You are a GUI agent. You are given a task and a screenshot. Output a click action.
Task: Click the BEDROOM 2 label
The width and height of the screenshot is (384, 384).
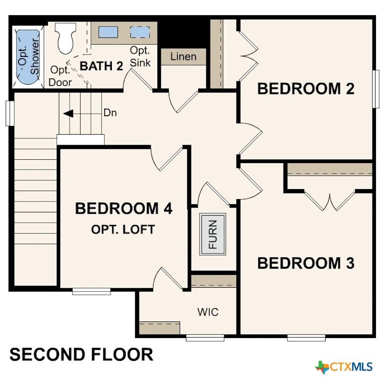click(x=306, y=89)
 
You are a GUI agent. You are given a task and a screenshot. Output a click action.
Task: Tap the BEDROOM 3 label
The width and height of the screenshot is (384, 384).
click(x=306, y=263)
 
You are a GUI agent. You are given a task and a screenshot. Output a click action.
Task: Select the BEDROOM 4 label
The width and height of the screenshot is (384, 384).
click(x=123, y=209)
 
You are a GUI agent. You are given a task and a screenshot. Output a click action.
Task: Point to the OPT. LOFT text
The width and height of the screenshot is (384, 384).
click(x=123, y=229)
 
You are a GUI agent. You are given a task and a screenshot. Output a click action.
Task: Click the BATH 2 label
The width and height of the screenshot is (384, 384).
click(x=101, y=66)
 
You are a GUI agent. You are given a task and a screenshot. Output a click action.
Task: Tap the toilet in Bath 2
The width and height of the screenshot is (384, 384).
click(x=65, y=38)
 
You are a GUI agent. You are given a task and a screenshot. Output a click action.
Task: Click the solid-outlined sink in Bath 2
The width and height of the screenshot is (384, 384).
click(x=108, y=32)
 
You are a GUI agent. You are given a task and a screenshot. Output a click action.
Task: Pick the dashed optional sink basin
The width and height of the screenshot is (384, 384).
click(x=140, y=32)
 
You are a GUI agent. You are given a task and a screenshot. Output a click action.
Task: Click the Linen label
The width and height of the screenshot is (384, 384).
click(x=183, y=56)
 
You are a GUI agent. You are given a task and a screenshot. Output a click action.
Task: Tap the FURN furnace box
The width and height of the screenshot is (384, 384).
click(x=212, y=234)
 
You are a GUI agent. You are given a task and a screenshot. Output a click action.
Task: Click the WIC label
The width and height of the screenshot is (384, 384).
click(x=208, y=312)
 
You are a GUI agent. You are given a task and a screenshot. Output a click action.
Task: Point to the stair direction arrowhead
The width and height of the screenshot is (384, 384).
click(x=68, y=114)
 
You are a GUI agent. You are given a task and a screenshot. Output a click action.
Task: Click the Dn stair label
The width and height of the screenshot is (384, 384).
click(x=110, y=113)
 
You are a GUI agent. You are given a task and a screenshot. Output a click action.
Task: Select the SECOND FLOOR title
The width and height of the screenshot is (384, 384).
click(x=82, y=354)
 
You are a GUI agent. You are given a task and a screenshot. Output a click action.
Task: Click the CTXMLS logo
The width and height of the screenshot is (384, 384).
click(x=344, y=366)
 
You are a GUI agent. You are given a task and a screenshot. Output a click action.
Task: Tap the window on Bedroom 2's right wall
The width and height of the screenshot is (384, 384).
click(x=375, y=89)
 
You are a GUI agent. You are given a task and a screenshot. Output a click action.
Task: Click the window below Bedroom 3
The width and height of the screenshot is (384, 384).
click(x=306, y=338)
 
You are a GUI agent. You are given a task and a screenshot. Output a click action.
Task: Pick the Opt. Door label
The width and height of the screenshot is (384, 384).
click(x=60, y=76)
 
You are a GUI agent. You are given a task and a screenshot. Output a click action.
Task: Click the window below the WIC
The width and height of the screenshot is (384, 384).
click(x=205, y=338)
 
